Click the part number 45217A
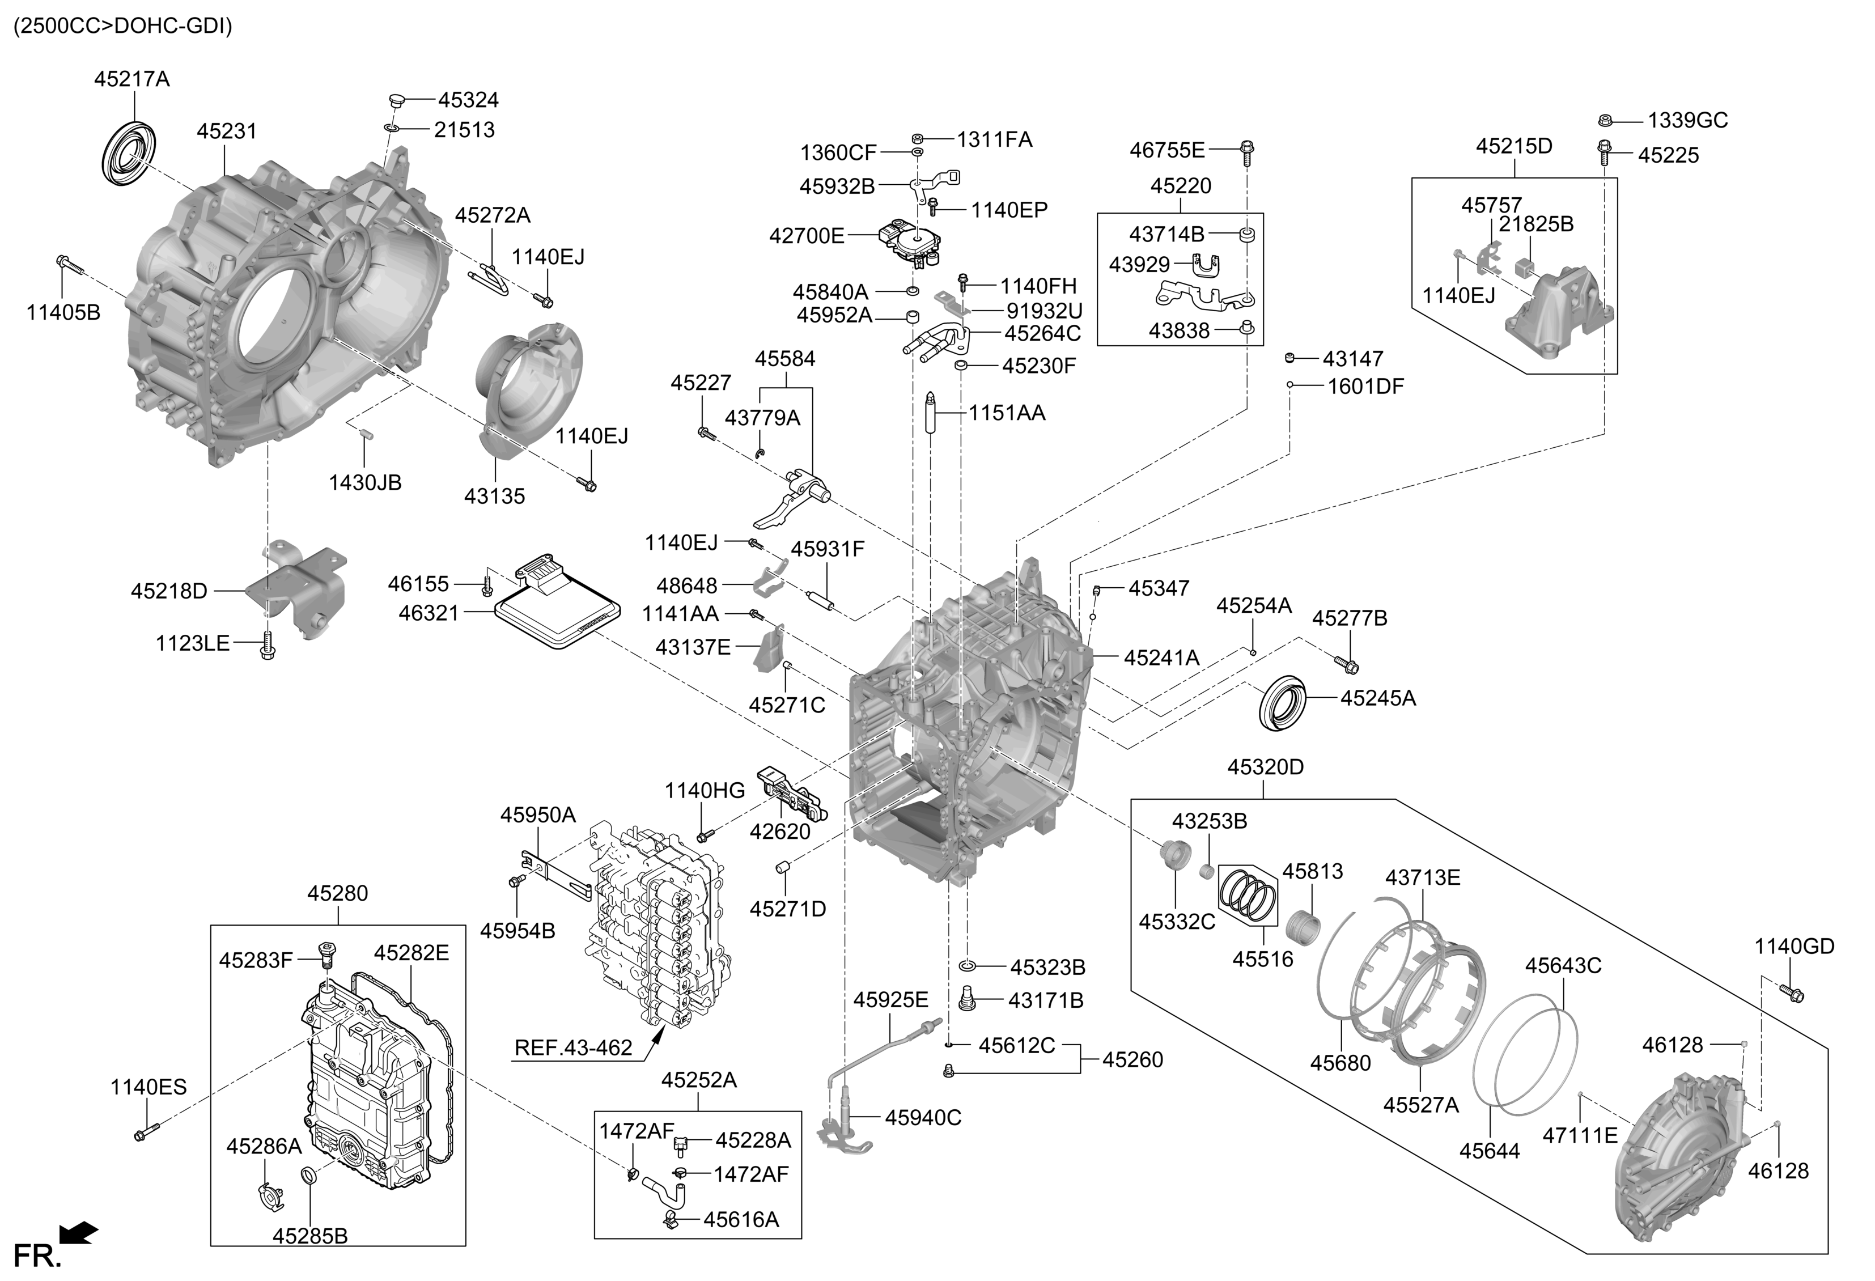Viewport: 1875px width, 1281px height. coord(131,79)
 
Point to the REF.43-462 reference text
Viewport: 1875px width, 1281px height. coord(573,1048)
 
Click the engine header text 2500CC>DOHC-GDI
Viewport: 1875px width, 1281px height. coord(122,26)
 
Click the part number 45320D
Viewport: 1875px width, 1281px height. coord(1265,767)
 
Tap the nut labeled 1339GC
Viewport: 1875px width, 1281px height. coord(1606,121)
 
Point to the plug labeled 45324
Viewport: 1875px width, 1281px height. coord(395,100)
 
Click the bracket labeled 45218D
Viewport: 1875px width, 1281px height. coord(299,589)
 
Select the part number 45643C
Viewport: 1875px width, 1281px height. coord(1563,966)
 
